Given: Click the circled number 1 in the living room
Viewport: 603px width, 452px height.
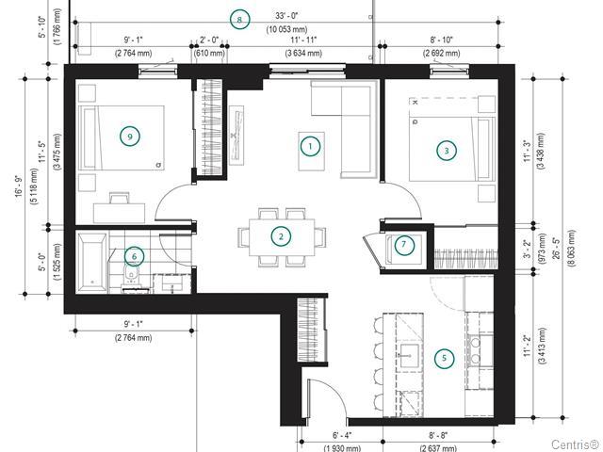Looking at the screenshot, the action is (310, 146).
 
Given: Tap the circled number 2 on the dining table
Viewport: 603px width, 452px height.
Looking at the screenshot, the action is (281, 236).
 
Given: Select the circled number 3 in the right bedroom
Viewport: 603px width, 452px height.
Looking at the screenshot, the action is (446, 151).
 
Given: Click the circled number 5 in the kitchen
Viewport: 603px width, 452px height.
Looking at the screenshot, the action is (444, 358).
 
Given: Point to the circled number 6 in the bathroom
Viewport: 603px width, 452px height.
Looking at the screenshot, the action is (134, 256).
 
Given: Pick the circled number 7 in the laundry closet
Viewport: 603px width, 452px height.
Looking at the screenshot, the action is (404, 244).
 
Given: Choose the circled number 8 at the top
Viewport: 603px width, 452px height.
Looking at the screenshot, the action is (239, 20).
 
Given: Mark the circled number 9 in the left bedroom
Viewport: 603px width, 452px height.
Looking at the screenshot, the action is (130, 137).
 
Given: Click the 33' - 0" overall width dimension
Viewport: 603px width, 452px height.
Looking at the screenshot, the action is (286, 16).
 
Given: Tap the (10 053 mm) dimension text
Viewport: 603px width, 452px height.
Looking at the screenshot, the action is (286, 29).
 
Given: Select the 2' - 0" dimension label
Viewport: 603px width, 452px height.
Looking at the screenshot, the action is (209, 40).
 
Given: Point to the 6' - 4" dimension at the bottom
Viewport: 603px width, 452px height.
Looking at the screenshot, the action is (342, 435).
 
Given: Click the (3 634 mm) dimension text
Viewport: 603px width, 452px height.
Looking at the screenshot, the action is (303, 53).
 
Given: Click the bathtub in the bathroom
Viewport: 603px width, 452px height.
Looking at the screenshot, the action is (92, 262).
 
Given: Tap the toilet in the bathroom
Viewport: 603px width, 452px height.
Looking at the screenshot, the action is (131, 275).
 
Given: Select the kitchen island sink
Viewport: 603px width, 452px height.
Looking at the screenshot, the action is (409, 356).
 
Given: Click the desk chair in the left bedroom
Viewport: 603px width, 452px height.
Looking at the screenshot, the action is (120, 198).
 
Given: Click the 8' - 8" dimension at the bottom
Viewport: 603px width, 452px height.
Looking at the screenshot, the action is (438, 435).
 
